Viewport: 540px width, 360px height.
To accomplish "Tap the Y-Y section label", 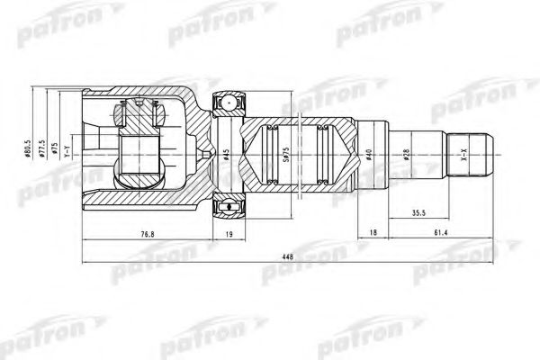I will [x=66, y=153].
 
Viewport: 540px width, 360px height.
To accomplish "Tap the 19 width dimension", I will [x=228, y=236].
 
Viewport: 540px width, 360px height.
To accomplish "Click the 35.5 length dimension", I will [x=418, y=215].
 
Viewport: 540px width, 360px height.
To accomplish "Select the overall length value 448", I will [x=288, y=256].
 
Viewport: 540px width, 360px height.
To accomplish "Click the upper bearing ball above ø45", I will [x=228, y=103].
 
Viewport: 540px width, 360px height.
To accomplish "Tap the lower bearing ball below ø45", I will [x=228, y=208].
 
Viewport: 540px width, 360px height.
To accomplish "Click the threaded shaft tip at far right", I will [x=481, y=155].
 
